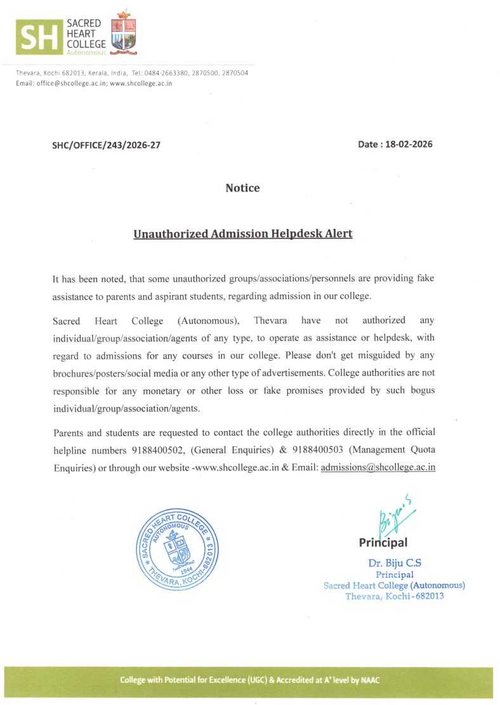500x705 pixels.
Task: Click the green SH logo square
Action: (39, 36)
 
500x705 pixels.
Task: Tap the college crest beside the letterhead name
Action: (124, 32)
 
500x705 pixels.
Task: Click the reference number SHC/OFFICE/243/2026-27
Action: (106, 145)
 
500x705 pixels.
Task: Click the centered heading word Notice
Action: (242, 188)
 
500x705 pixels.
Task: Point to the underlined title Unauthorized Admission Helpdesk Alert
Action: (242, 234)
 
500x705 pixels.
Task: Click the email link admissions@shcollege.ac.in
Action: (378, 467)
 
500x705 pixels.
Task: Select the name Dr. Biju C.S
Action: (395, 563)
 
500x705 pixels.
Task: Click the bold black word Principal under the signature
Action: (383, 543)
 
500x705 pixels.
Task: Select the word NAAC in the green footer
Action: (371, 680)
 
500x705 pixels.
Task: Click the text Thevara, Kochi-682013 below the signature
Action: (394, 597)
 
